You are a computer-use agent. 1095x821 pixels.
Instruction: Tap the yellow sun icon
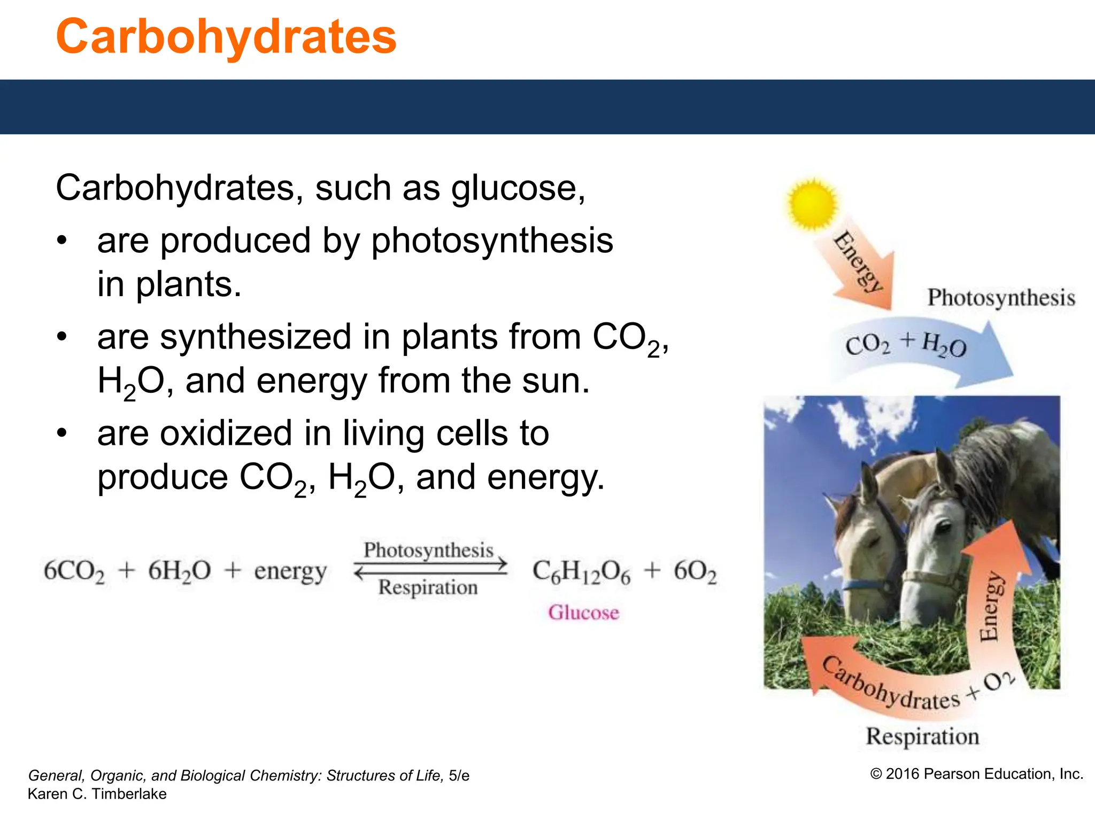[812, 204]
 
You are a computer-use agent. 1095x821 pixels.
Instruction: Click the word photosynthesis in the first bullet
[492, 241]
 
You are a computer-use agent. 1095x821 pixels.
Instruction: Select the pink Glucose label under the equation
[583, 613]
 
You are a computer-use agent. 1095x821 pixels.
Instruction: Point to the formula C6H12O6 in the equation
[581, 571]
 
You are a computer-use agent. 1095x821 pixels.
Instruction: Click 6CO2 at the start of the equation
[74, 571]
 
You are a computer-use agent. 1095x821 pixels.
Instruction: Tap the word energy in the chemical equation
[290, 571]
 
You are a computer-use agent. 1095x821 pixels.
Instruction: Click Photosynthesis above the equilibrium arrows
[428, 550]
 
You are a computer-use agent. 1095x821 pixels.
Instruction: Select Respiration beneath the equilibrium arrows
[428, 587]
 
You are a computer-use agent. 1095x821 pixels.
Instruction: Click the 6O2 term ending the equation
[695, 571]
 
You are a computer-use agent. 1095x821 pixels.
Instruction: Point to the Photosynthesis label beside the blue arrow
[1001, 298]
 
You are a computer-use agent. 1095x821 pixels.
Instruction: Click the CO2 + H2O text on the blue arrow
[906, 345]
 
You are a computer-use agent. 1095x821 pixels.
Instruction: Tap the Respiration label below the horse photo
[922, 736]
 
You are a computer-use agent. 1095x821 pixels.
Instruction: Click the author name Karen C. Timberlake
[97, 794]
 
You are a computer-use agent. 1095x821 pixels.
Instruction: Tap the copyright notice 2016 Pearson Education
[977, 773]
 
